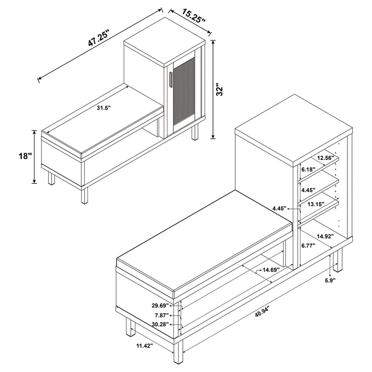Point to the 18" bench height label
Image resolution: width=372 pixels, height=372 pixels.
click(x=24, y=157)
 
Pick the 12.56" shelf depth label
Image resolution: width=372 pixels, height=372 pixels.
click(x=326, y=158)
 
